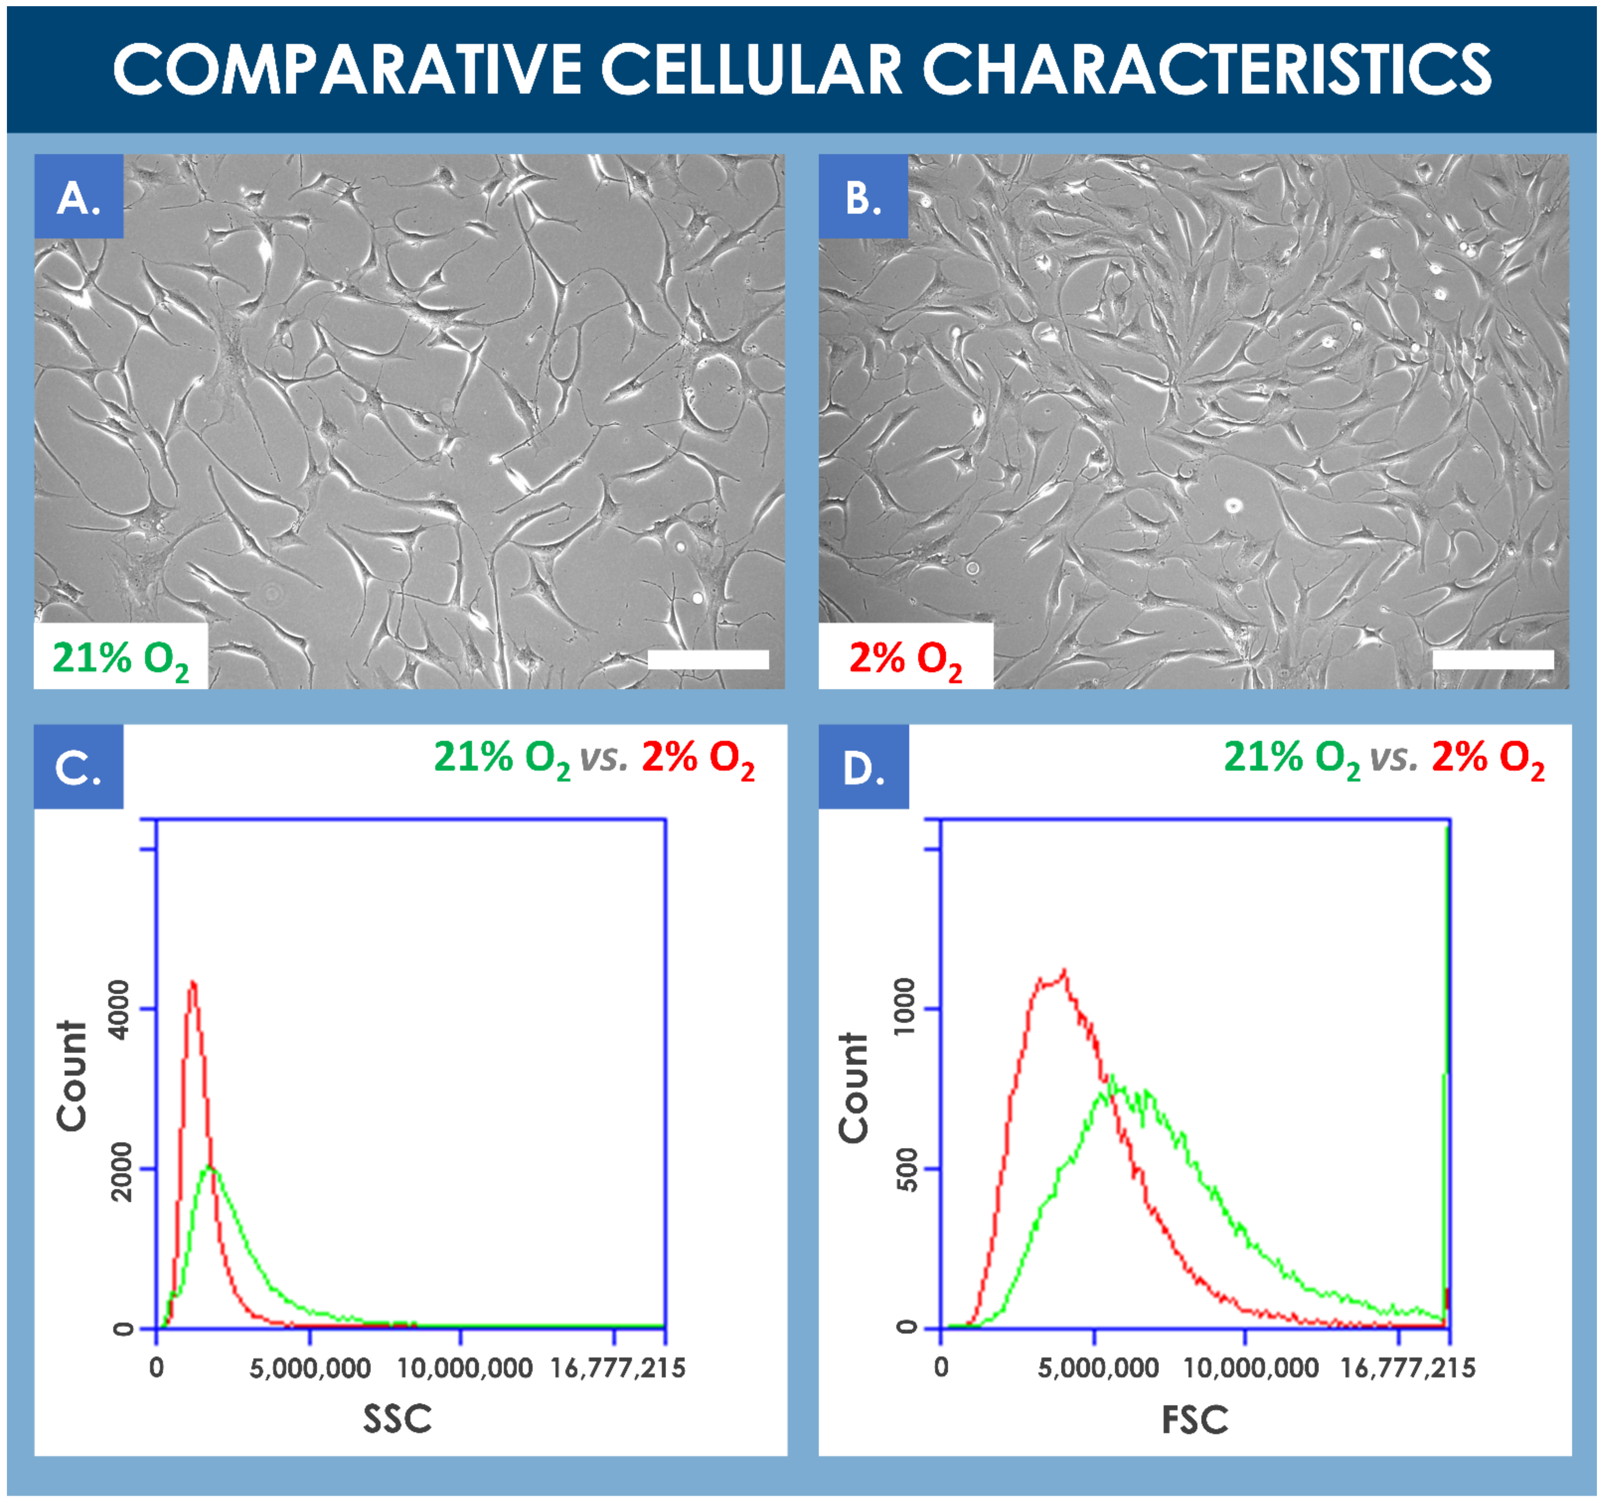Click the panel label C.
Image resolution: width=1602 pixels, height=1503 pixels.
(78, 767)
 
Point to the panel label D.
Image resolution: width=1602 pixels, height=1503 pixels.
(863, 767)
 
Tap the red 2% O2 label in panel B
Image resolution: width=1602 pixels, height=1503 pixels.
(905, 659)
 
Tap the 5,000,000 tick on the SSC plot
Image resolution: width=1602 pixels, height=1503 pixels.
(310, 1368)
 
